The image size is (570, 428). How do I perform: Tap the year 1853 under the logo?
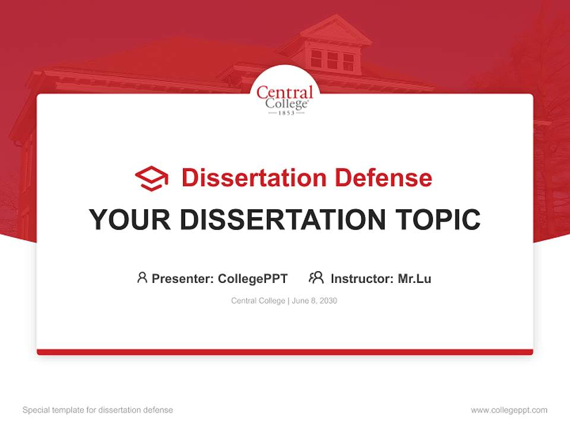(285, 112)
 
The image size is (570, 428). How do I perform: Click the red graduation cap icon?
(151, 178)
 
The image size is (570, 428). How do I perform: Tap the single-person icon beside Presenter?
(142, 278)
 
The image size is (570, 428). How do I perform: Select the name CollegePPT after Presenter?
(253, 278)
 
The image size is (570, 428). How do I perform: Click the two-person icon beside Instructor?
(316, 278)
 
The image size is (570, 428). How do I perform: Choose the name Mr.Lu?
(414, 278)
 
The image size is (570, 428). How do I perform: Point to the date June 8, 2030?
(315, 301)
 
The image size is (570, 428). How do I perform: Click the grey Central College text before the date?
(258, 301)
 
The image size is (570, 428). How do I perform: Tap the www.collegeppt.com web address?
(509, 410)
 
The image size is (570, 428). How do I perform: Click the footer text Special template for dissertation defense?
(98, 410)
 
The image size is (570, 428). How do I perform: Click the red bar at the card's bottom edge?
(285, 352)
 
